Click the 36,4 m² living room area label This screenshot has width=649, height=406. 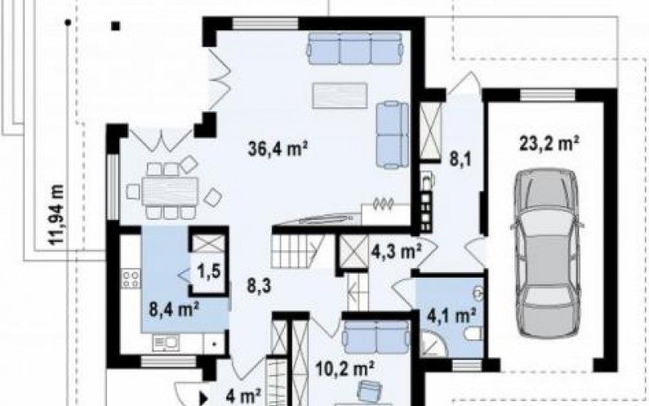click(x=277, y=149)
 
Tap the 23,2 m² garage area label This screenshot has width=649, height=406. click(x=549, y=144)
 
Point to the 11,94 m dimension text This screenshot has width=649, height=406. click(x=56, y=214)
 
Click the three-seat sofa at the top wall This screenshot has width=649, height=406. click(x=355, y=49)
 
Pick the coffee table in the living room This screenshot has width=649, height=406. click(x=340, y=95)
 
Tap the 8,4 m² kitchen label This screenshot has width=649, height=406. click(x=174, y=309)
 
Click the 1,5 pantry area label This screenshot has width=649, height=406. click(x=208, y=272)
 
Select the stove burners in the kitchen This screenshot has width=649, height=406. click(x=131, y=278)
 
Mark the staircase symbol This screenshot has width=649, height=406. click(x=298, y=252)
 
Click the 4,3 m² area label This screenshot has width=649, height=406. click(x=396, y=252)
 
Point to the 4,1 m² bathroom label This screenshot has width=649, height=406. click(x=451, y=316)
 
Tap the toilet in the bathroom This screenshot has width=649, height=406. click(x=473, y=333)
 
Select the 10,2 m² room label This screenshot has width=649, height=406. click(x=345, y=368)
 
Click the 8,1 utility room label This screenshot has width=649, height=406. click(x=461, y=158)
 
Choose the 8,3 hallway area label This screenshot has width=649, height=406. click(x=259, y=286)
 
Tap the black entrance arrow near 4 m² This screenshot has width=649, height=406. click(x=204, y=398)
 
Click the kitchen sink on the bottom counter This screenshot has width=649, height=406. click(x=166, y=343)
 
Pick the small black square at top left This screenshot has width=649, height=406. click(x=115, y=26)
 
